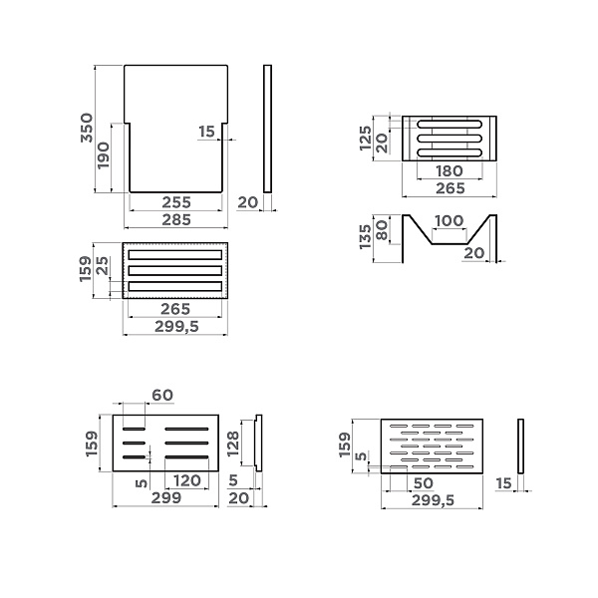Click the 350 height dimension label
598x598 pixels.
point(87,128)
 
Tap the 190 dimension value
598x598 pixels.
point(103,155)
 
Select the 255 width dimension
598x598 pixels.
point(176,202)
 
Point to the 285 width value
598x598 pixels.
point(176,219)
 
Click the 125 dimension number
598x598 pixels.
point(366,139)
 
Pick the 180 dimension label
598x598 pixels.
point(449,170)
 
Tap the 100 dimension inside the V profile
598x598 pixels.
point(448,221)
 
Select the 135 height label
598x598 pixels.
point(366,237)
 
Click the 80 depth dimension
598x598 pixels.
point(382,230)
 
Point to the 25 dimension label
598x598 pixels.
point(103,266)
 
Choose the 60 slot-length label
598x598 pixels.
point(162,395)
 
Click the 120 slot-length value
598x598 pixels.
point(187,480)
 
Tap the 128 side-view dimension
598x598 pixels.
point(232,444)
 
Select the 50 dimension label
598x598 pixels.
point(424,483)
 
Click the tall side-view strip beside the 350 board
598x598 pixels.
point(267,129)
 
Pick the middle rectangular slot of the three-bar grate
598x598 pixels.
point(175,270)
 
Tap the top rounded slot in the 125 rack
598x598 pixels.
point(449,125)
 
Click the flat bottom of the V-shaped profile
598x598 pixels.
point(449,243)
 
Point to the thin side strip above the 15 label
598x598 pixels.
point(520,447)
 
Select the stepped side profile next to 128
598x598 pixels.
point(258,443)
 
